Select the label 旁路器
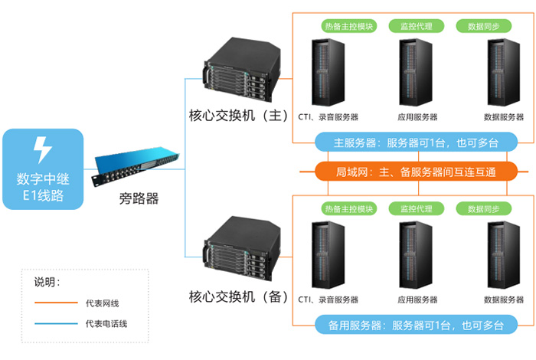point(139,199)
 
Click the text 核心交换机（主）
point(238,116)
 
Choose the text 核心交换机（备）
point(238,295)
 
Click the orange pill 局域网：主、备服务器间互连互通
point(416,172)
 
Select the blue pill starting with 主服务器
point(416,142)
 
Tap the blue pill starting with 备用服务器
point(416,325)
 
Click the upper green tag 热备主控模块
point(348,26)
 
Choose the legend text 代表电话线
point(106,324)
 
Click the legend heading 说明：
point(47,282)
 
